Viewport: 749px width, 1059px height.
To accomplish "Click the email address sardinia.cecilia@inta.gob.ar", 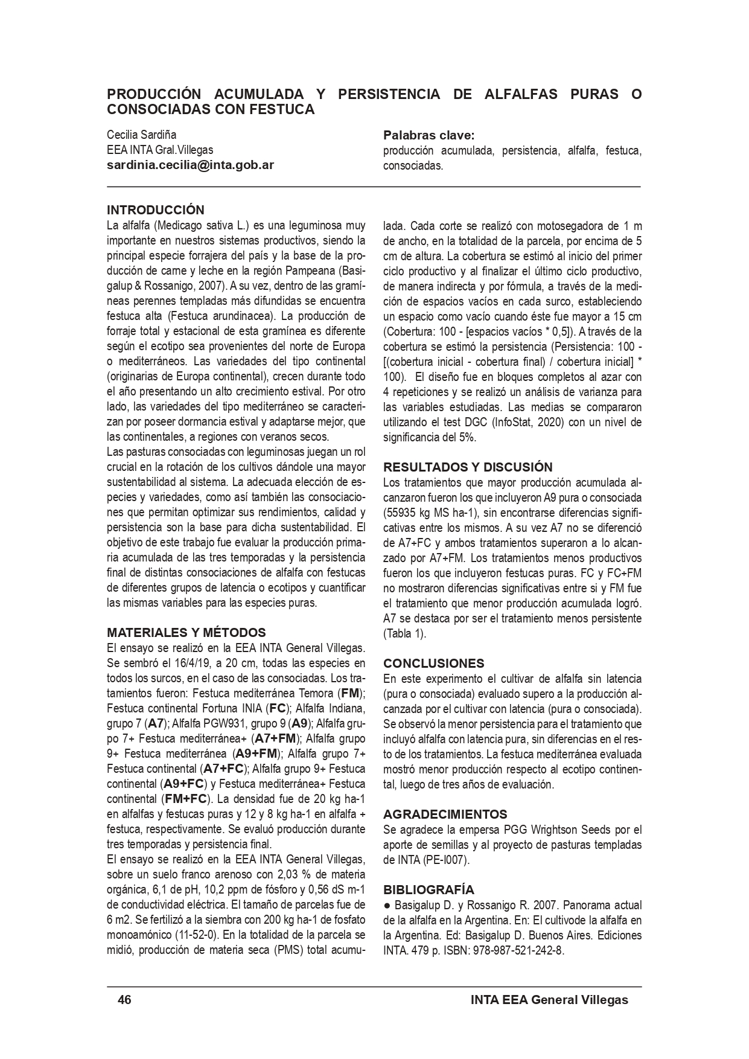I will pos(190,165).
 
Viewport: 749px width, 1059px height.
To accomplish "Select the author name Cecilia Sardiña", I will pos(141,135).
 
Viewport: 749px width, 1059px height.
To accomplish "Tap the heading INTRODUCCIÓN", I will pos(155,210).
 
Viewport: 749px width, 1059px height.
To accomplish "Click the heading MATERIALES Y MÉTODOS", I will pos(186,633).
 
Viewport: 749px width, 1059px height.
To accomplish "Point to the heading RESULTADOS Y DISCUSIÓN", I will pos(468,467).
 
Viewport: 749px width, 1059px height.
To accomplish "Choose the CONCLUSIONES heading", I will pos(433,664).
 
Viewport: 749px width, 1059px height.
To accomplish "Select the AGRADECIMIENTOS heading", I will pos(445,814).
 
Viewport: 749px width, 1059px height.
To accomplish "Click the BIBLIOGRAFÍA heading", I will pos(429,890).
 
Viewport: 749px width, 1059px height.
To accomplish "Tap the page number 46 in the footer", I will pos(124,1000).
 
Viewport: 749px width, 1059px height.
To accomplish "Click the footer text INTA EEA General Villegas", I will pos(549,1000).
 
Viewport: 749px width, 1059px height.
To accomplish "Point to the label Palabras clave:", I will pos(429,135).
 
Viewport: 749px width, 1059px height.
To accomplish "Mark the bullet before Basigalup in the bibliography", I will pos(387,906).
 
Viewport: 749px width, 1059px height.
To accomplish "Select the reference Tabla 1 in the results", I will pos(404,634).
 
